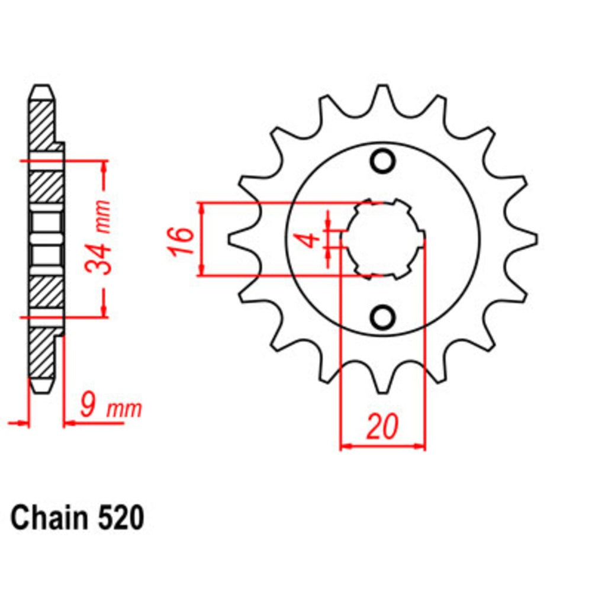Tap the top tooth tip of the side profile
point(41,90)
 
